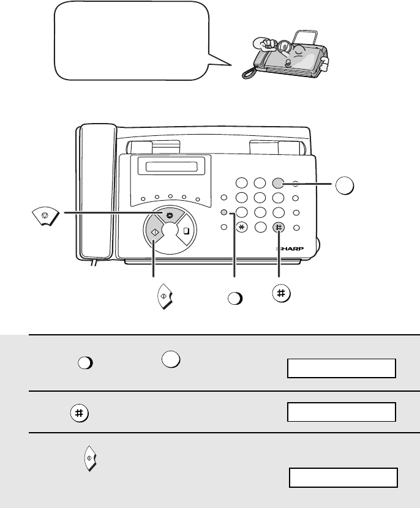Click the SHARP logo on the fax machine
(290, 249)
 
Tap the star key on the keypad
(241, 228)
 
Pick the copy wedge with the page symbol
(186, 231)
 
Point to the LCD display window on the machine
(171, 167)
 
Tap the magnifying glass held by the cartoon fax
(285, 47)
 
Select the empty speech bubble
(136, 41)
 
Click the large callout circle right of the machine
(345, 185)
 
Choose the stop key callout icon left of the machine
(46, 216)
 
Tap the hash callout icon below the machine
(281, 294)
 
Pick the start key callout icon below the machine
(165, 296)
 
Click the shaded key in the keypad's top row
(278, 183)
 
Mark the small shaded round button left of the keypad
(223, 212)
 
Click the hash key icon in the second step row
(80, 413)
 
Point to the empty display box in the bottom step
(343, 477)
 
